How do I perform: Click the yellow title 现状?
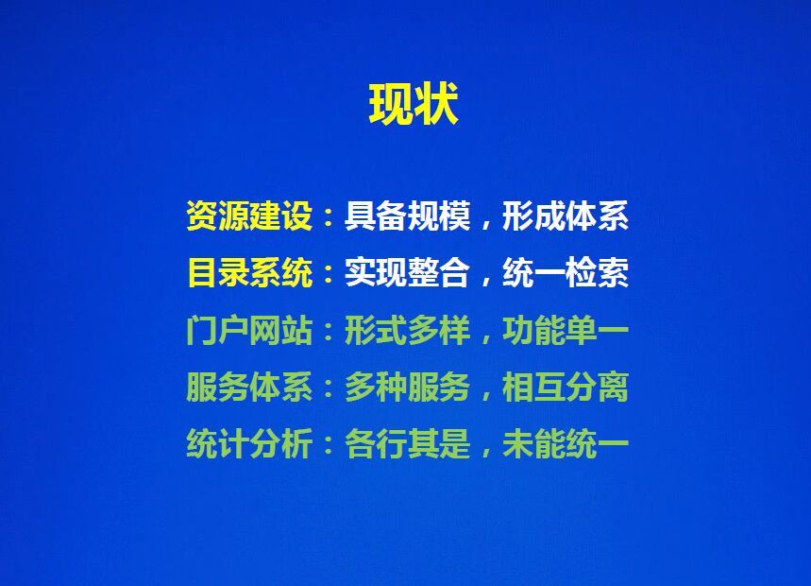pos(414,104)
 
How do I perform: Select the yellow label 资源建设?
pos(249,215)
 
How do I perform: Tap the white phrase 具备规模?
pos(408,215)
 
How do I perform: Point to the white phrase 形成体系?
pos(566,215)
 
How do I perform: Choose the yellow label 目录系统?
pos(250,273)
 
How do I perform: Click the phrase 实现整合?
pos(408,273)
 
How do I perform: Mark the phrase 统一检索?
pos(566,273)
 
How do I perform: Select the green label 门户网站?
pos(249,331)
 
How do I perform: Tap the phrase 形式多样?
pos(408,331)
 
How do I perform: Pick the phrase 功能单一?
pos(566,331)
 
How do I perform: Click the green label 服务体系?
pos(249,388)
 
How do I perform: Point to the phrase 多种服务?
pos(408,388)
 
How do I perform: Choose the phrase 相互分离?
pos(566,388)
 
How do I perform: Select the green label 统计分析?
pos(249,444)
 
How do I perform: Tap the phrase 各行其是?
pos(408,444)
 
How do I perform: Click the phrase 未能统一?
pos(566,444)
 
